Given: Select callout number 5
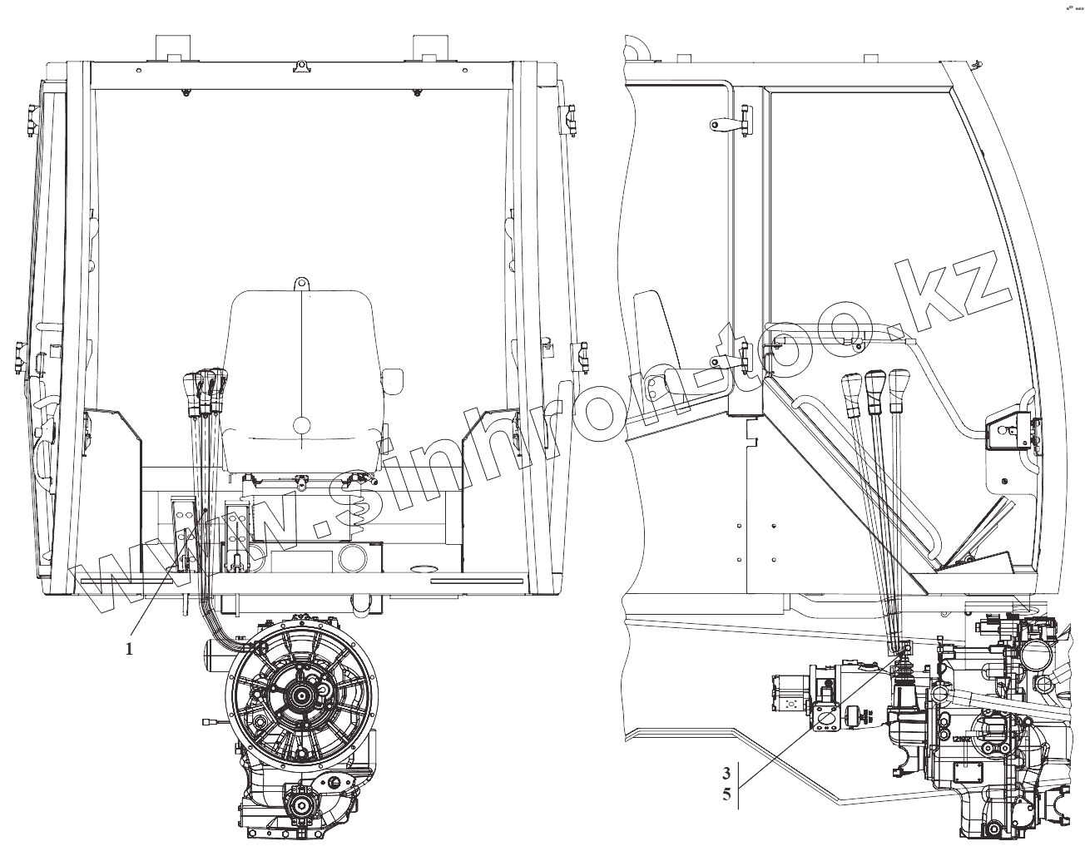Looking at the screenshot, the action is (x=726, y=795).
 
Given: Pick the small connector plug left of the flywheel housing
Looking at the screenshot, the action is (x=208, y=723).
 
